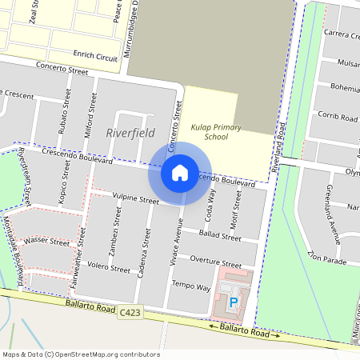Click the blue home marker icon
click(x=180, y=172)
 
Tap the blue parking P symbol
click(x=234, y=302)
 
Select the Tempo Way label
click(x=191, y=286)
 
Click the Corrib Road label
click(x=337, y=116)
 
